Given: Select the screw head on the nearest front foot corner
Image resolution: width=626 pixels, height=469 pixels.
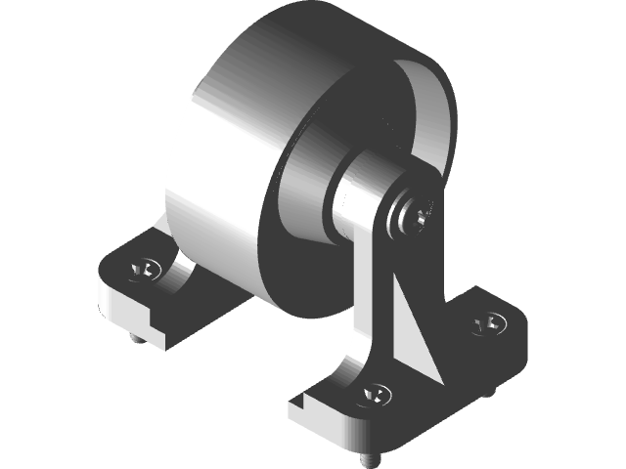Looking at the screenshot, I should coord(375,395).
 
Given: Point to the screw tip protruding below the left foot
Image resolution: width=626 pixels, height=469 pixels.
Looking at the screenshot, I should coord(135,340).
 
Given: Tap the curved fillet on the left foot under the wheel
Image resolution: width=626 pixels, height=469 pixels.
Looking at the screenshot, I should coord(181,274).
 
